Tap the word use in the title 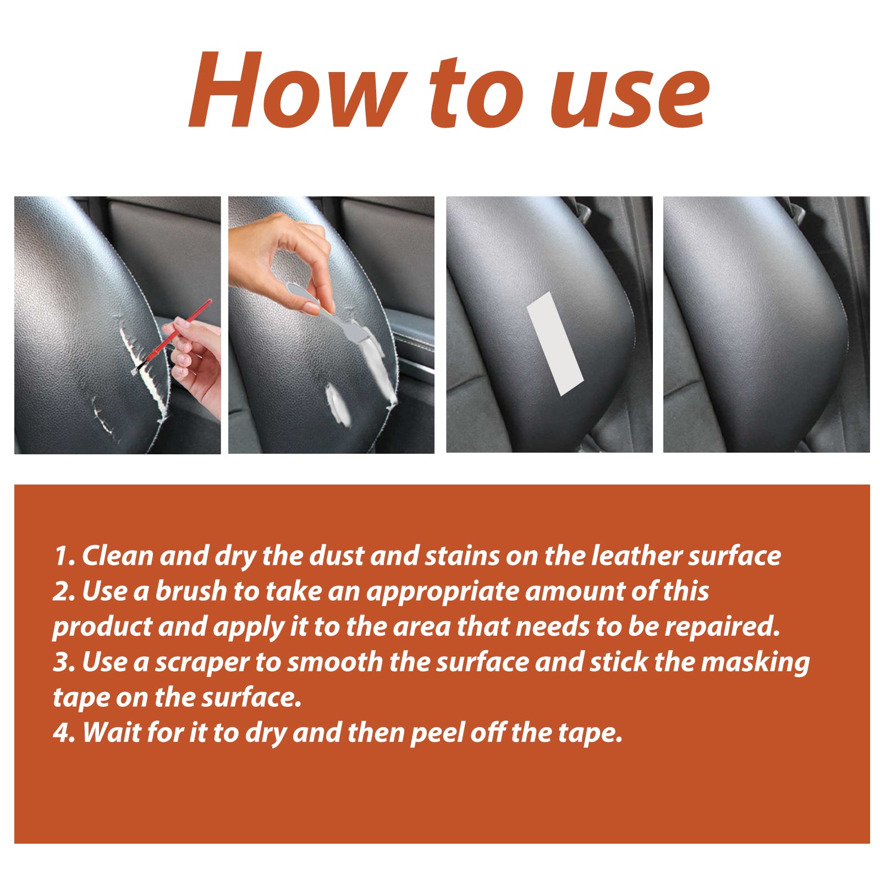tap(630, 94)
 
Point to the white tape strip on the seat tap(554, 344)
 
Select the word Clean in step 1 tap(118, 555)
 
